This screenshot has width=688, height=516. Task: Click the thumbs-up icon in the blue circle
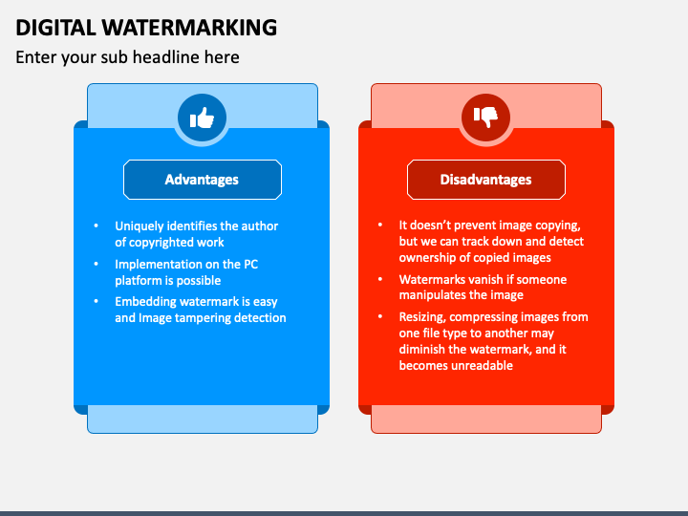click(x=202, y=118)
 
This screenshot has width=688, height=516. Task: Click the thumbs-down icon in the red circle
click(x=486, y=118)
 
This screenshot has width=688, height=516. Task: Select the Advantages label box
click(x=202, y=180)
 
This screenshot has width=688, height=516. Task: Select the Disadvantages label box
click(x=485, y=180)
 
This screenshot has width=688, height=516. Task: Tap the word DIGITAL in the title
click(x=55, y=28)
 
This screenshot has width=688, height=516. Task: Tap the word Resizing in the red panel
click(x=423, y=317)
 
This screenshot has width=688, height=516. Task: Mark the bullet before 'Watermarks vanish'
click(x=378, y=280)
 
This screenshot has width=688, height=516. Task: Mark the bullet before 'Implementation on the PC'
click(x=96, y=264)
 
